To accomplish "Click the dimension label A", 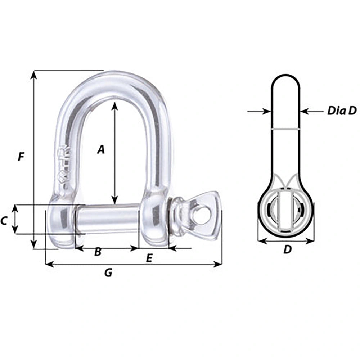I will click(x=101, y=149).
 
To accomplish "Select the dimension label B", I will click(x=98, y=252).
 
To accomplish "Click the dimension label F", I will click(x=21, y=157).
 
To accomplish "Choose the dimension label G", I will click(x=108, y=273).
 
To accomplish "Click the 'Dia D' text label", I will click(x=341, y=111).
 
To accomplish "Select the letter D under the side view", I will click(x=287, y=249).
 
